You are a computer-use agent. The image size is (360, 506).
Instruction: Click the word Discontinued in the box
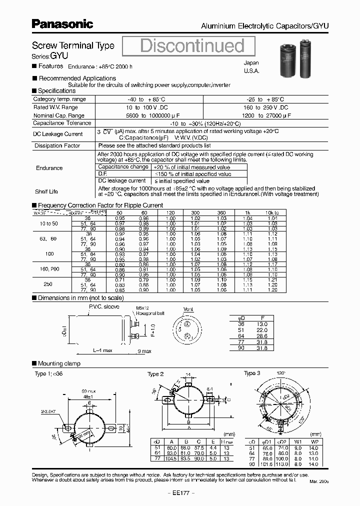(x=192, y=45)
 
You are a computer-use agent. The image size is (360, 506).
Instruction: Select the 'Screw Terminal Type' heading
(x=73, y=45)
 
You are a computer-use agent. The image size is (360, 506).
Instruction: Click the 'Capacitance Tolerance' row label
(x=62, y=122)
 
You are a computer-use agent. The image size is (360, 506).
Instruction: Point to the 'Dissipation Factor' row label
(x=57, y=145)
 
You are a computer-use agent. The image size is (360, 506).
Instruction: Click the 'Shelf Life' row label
(x=46, y=191)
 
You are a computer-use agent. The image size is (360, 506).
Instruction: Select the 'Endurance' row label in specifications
(x=49, y=168)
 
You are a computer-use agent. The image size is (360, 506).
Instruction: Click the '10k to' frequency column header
(x=272, y=212)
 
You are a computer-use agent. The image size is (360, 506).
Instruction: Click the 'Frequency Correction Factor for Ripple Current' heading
(x=100, y=205)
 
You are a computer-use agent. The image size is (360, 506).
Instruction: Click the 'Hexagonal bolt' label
(x=153, y=313)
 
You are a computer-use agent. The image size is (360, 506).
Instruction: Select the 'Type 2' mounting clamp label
(x=155, y=374)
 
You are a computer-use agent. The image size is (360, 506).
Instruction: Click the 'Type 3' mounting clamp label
(x=252, y=373)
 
